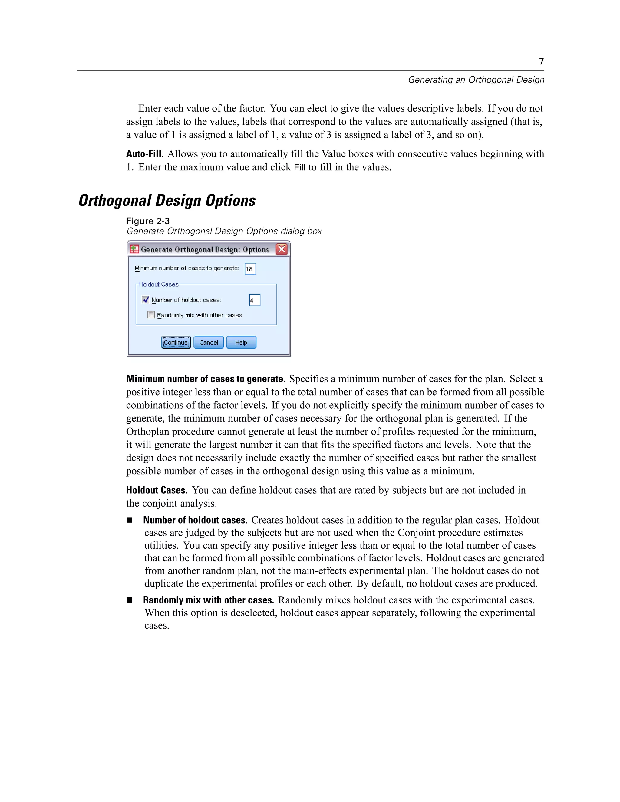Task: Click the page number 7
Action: (x=541, y=61)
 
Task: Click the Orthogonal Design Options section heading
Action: (x=167, y=200)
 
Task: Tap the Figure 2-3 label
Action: (x=148, y=221)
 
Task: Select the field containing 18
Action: (x=250, y=269)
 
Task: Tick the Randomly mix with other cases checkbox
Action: (x=151, y=315)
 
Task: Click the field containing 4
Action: (x=255, y=300)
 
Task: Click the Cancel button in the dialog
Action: (x=209, y=342)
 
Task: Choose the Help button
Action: (x=241, y=342)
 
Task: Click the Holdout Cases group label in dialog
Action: (x=158, y=284)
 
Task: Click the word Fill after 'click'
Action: (x=299, y=167)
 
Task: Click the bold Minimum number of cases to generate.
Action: (x=206, y=379)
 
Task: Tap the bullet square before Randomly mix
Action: (x=129, y=600)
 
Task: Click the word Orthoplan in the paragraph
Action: (x=148, y=432)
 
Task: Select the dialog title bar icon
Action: (x=134, y=249)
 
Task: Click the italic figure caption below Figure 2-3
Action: (x=224, y=231)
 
